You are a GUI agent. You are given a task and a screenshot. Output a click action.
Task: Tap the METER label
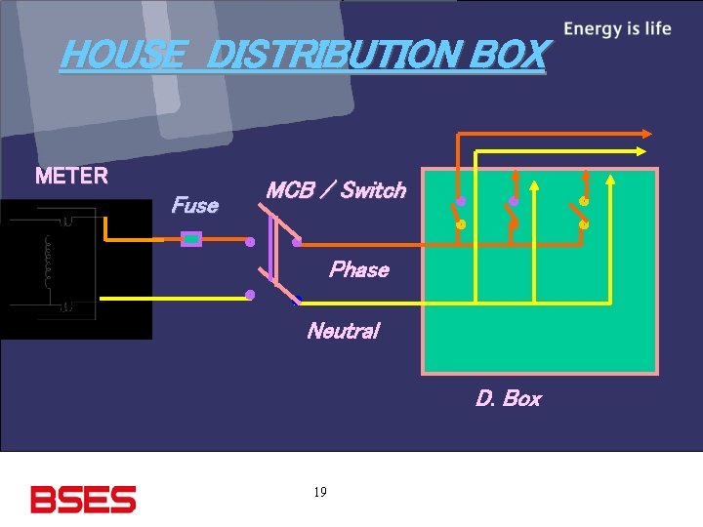point(71,177)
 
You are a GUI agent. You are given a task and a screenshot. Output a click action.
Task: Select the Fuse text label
point(194,205)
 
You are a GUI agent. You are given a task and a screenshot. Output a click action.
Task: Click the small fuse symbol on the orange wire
point(192,238)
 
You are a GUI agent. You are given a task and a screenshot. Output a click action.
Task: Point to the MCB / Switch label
point(335,190)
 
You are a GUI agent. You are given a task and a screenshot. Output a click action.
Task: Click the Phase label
point(358,269)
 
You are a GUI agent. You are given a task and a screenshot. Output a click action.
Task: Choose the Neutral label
point(342,331)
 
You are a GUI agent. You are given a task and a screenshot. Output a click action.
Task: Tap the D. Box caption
point(508,398)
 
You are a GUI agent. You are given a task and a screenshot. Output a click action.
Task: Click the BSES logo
point(83,499)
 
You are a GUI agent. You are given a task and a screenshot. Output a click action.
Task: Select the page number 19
point(320,492)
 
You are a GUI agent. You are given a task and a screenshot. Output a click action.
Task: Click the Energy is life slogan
point(617,28)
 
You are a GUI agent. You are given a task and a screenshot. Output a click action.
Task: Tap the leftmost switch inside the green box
point(458,213)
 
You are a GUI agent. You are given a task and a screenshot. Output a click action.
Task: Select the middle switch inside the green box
point(512,213)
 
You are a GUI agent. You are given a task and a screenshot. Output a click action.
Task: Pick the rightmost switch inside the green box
point(581,213)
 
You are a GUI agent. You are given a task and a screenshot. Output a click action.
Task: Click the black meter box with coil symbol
point(76,269)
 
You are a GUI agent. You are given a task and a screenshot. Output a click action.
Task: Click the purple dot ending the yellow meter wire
point(251,294)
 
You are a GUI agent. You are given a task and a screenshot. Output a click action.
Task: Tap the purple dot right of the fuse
point(250,241)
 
